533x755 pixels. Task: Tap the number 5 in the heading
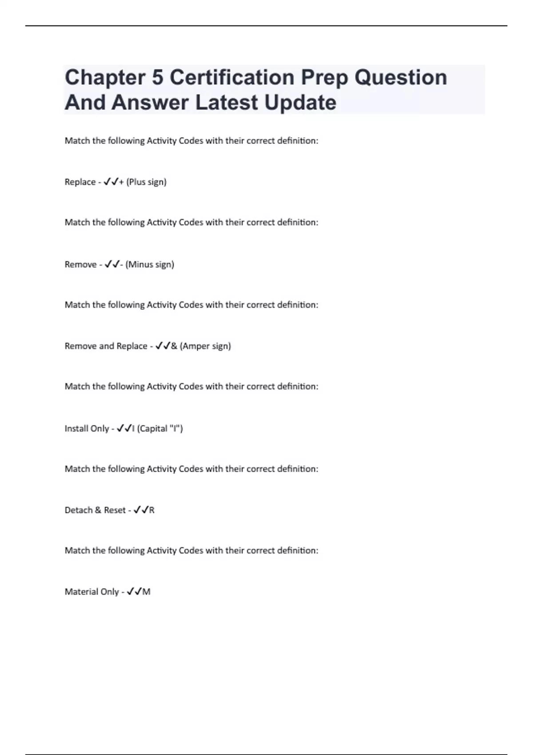coord(158,77)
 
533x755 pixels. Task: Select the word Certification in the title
coord(232,77)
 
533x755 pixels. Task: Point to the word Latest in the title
coord(227,103)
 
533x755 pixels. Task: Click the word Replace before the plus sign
coord(80,182)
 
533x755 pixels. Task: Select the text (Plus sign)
coord(146,182)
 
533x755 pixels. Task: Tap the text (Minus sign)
coord(150,265)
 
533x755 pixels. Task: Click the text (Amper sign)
coord(205,346)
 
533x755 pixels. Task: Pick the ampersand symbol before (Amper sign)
coord(174,346)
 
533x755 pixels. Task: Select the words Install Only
coord(87,429)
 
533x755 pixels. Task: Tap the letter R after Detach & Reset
coord(152,510)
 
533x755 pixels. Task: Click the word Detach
coord(78,510)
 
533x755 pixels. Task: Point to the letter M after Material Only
coord(147,592)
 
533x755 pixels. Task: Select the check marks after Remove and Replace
coord(163,346)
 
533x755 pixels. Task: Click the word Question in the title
coord(401,77)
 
